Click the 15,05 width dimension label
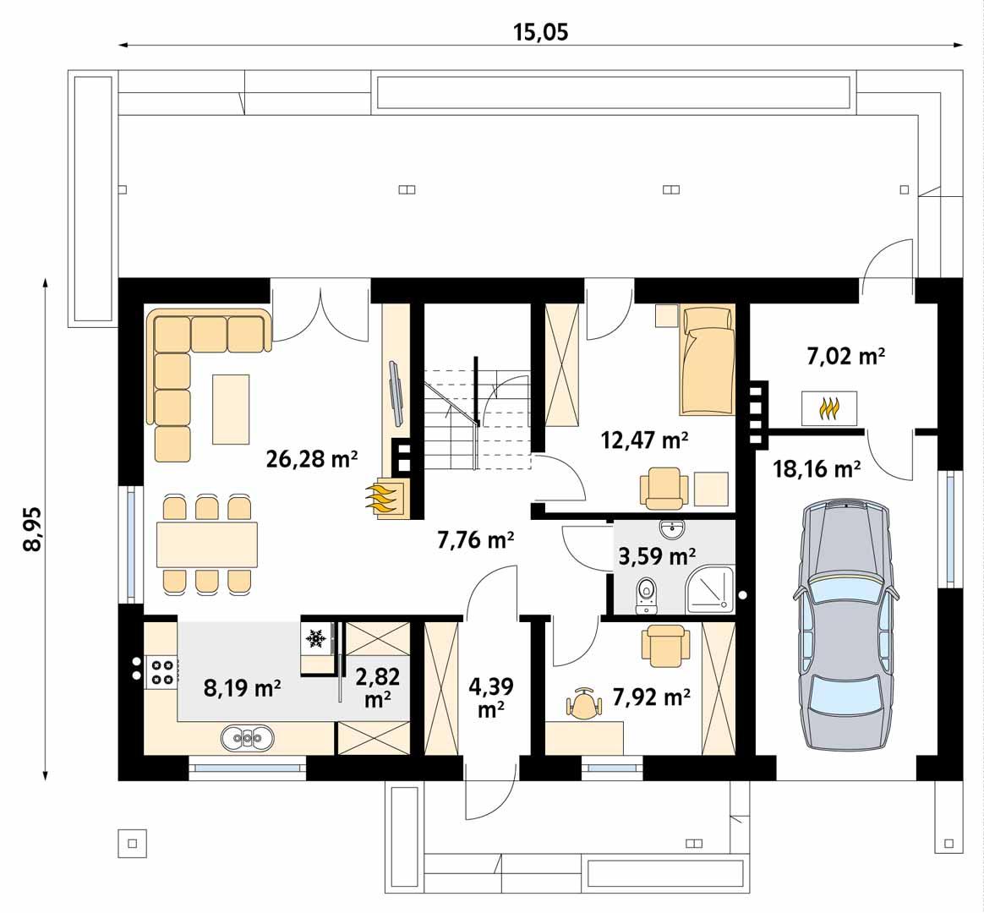541,32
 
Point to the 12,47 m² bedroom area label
644,440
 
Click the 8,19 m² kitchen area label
243,687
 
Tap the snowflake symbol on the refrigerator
317,639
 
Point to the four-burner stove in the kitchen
162,671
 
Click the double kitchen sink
249,738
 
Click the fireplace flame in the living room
385,498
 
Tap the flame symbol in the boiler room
829,408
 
